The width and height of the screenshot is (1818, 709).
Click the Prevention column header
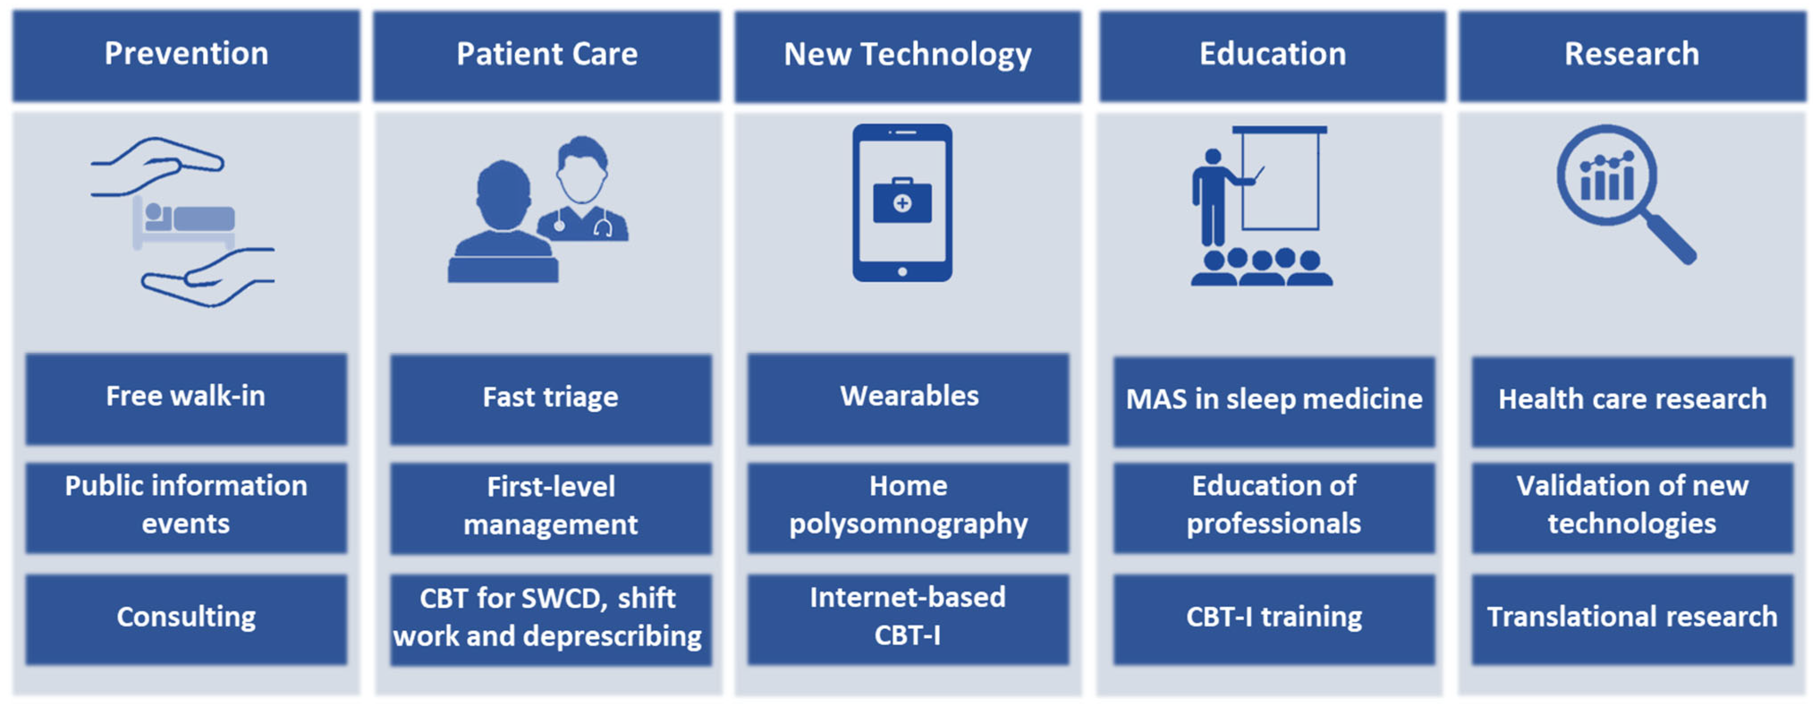[186, 55]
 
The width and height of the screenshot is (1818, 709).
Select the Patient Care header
[547, 56]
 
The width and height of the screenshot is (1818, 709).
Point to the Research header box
[1632, 56]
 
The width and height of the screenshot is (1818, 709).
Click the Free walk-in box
[186, 399]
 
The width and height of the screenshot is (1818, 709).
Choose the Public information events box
[186, 507]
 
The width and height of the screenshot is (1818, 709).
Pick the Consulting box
[186, 619]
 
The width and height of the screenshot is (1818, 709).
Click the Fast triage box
[550, 399]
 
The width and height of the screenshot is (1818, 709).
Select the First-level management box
[550, 508]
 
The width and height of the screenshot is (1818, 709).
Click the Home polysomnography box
[909, 507]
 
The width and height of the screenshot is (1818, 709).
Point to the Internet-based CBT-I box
[909, 619]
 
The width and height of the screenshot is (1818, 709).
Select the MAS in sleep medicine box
[1274, 401]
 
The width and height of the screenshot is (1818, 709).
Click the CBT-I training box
[1274, 619]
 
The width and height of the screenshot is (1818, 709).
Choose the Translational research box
[1632, 619]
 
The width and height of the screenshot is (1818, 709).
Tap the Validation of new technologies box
[1632, 507]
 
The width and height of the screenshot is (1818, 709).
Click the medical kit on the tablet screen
[902, 201]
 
